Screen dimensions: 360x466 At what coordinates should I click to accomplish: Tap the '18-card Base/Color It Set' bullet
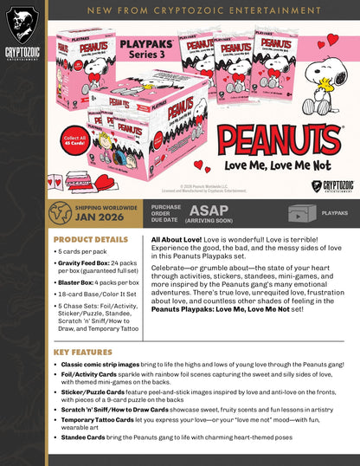click(96, 295)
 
